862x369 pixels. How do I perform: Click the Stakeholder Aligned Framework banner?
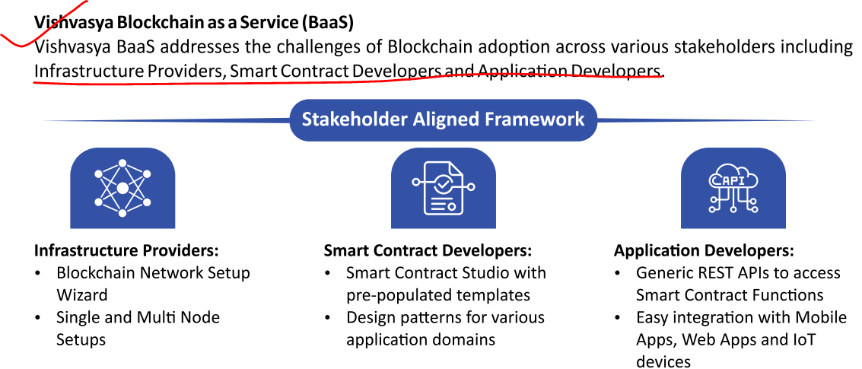[x=443, y=120]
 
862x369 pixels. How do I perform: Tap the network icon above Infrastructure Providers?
[x=122, y=188]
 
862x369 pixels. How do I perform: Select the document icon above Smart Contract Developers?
[x=443, y=188]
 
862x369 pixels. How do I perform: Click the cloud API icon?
[x=733, y=188]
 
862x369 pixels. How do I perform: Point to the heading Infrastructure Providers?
[x=127, y=251]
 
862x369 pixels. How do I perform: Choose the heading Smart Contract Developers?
[x=428, y=251]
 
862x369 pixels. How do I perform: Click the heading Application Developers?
[x=705, y=251]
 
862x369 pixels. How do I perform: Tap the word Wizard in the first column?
[x=82, y=294]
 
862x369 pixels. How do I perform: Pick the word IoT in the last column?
[x=803, y=339]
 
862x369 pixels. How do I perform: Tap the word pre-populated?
[x=401, y=295]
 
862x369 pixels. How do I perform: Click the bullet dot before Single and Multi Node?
[x=37, y=318]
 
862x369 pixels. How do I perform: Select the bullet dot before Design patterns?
[x=328, y=318]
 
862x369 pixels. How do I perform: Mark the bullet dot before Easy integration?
[x=617, y=318]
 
